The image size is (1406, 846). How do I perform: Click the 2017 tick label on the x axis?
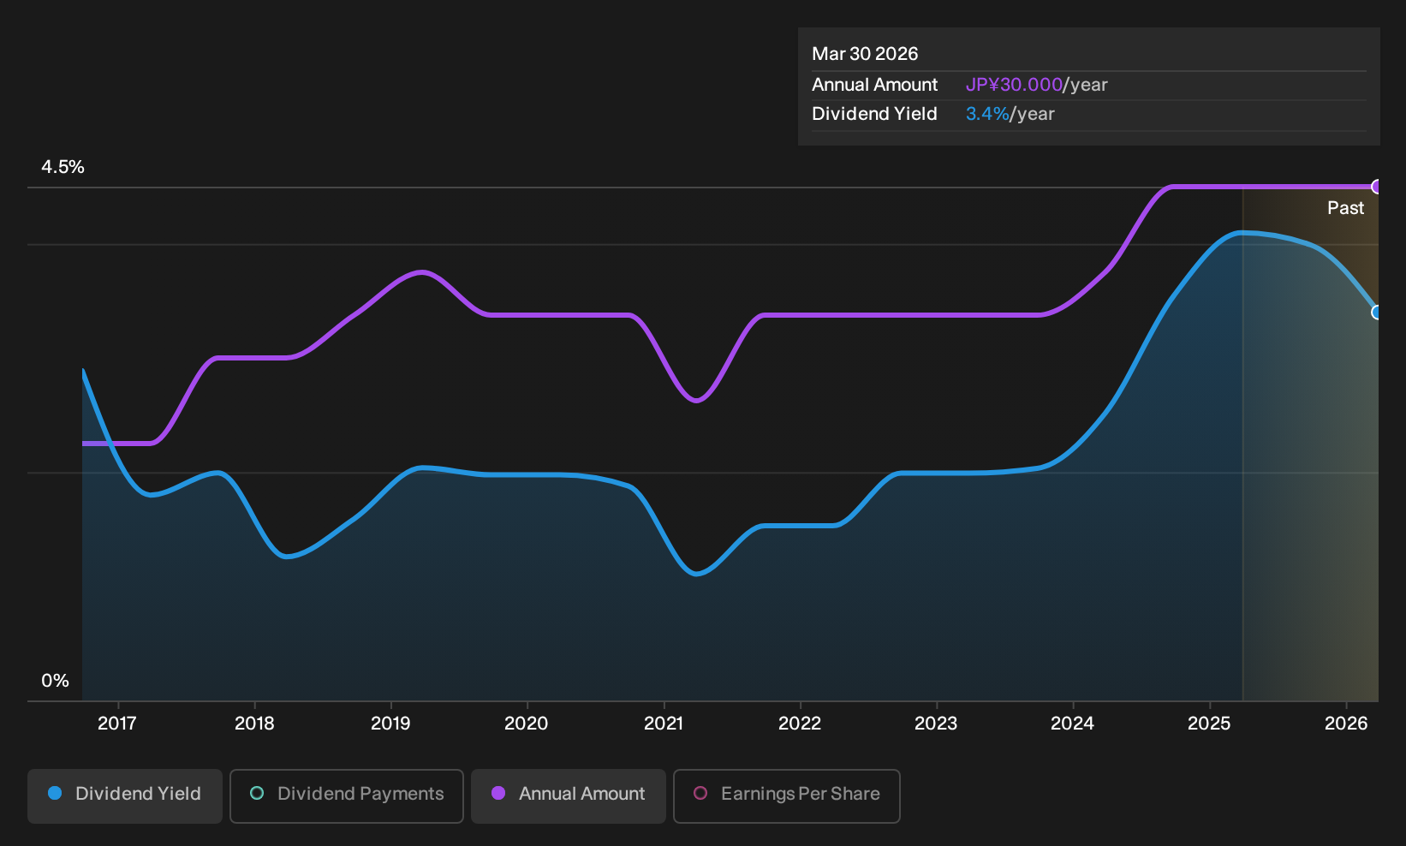117,724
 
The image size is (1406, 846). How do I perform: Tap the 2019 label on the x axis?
390,724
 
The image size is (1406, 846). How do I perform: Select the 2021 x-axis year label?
664,724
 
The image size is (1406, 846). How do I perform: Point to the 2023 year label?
936,724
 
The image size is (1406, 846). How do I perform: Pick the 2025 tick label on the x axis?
1210,724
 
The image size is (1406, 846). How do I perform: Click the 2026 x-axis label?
1346,724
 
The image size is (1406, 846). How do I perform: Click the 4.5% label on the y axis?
63,167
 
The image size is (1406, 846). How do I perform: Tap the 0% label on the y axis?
56,681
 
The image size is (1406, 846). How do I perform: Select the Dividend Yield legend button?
125,795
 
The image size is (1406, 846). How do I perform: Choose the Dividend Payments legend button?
347,795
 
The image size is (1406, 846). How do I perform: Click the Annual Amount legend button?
568,795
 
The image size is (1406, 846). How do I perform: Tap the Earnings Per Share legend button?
786,795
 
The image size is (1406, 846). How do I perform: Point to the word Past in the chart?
1346,208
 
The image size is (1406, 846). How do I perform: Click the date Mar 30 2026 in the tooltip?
865,54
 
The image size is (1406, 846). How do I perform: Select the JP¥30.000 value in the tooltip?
1014,85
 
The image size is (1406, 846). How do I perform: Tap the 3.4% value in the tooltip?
987,114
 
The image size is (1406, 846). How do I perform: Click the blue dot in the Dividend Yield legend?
56,793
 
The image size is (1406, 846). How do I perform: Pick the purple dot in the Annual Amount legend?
498,793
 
